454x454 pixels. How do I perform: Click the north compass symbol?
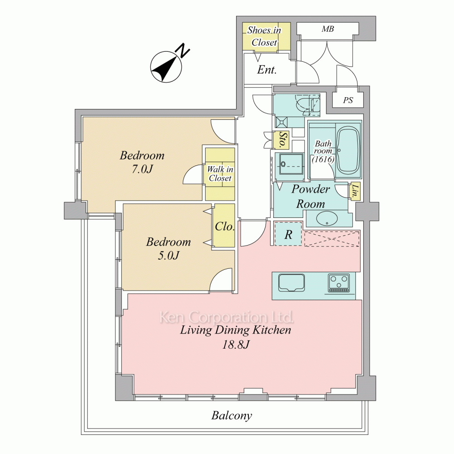point(167,67)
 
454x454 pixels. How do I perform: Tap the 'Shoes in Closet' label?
point(264,36)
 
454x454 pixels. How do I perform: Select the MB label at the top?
point(328,29)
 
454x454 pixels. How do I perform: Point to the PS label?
point(348,100)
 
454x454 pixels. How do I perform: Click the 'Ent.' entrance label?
point(266,70)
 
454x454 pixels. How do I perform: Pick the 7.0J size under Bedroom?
point(142,169)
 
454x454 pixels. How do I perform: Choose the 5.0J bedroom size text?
point(168,255)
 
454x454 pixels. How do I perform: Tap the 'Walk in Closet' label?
point(220,173)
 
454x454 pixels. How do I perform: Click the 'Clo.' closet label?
point(224,227)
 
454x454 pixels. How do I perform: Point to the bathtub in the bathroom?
point(348,151)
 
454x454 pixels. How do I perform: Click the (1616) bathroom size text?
point(323,159)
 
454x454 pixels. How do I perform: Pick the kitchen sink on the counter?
point(291,282)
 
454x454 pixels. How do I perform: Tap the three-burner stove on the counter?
point(339,282)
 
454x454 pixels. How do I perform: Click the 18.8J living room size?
point(236,345)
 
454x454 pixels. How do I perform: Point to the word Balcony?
point(232,416)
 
